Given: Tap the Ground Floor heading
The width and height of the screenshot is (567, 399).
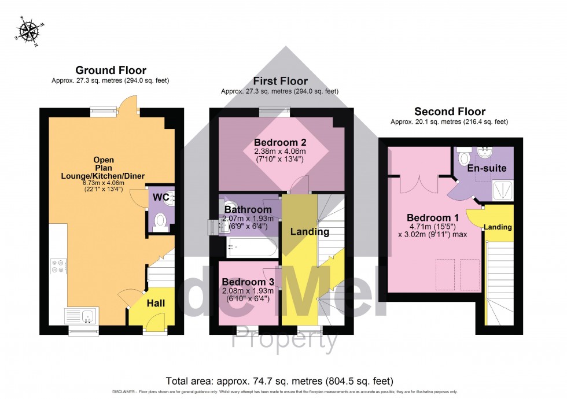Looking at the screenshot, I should [x=110, y=70].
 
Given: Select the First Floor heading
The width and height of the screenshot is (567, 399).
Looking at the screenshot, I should [x=279, y=80].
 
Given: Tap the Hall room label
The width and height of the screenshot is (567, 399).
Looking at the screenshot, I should [x=155, y=303].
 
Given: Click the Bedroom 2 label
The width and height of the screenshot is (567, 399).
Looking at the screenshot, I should [x=280, y=142].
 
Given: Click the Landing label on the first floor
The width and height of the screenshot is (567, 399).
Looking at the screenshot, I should [x=310, y=232].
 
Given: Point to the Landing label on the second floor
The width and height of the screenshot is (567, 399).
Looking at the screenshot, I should [x=498, y=227].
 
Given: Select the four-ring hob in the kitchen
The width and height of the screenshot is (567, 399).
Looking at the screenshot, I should [x=58, y=267].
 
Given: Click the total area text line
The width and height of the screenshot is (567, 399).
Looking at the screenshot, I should [x=279, y=381].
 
